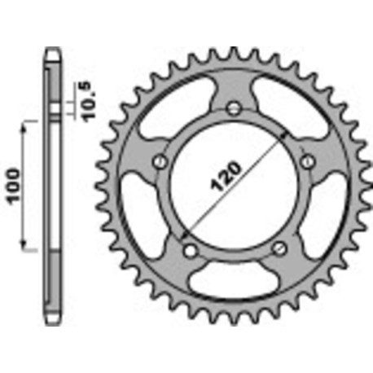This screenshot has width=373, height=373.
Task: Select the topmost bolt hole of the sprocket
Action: pyautogui.click(x=235, y=108)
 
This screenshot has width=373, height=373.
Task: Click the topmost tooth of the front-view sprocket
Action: pyautogui.click(x=236, y=54)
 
